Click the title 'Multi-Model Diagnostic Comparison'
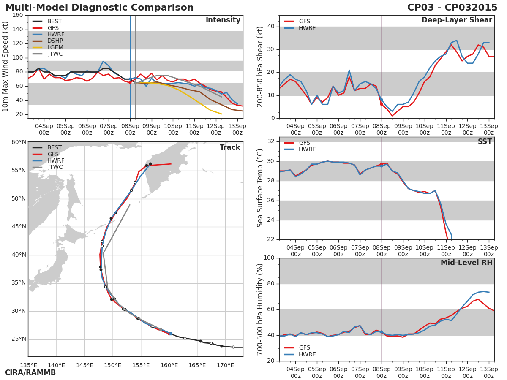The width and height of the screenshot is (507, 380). click(x=99, y=8)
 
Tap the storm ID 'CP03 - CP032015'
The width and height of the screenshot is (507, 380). click(x=452, y=8)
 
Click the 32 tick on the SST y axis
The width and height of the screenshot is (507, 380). click(x=271, y=141)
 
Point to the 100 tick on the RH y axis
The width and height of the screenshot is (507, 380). click(x=269, y=258)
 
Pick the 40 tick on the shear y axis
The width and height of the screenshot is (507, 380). click(x=271, y=27)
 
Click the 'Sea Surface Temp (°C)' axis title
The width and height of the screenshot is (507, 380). click(x=260, y=188)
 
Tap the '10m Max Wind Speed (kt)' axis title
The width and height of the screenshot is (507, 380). click(x=5, y=67)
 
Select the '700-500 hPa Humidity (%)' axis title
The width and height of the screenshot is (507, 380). click(x=260, y=309)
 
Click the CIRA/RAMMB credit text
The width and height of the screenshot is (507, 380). click(x=30, y=373)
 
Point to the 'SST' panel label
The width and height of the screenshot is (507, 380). click(x=485, y=142)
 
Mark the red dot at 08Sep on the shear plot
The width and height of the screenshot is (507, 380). click(x=382, y=104)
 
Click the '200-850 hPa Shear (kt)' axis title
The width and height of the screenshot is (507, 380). click(x=260, y=67)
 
